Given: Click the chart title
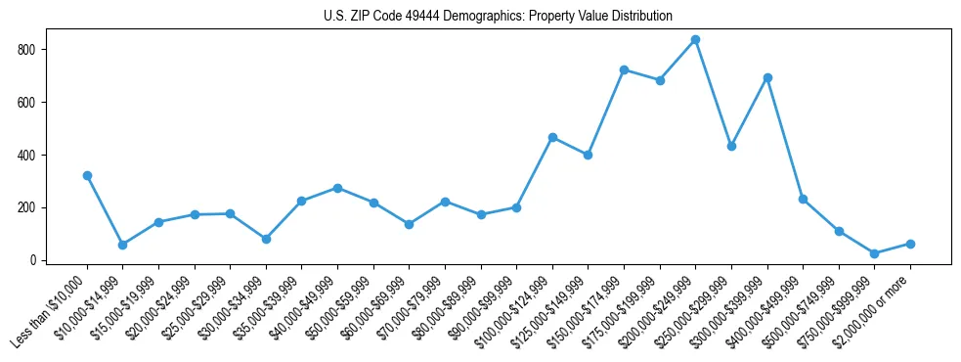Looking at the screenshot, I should (498, 17).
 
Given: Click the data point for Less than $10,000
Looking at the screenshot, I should (87, 176).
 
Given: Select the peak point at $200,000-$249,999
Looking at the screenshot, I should (695, 40).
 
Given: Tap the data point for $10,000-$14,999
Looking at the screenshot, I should (122, 245).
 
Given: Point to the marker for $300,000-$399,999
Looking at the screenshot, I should (767, 77).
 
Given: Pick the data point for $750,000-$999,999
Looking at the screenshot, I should (874, 253).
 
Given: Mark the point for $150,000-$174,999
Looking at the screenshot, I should (624, 69).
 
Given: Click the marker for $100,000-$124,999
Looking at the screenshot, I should (552, 137).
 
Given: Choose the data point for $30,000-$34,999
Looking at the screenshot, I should (266, 239).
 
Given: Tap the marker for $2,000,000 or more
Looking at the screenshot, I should (910, 244).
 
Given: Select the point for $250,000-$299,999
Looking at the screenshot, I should (731, 146).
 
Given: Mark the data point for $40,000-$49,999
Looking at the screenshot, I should (337, 188).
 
